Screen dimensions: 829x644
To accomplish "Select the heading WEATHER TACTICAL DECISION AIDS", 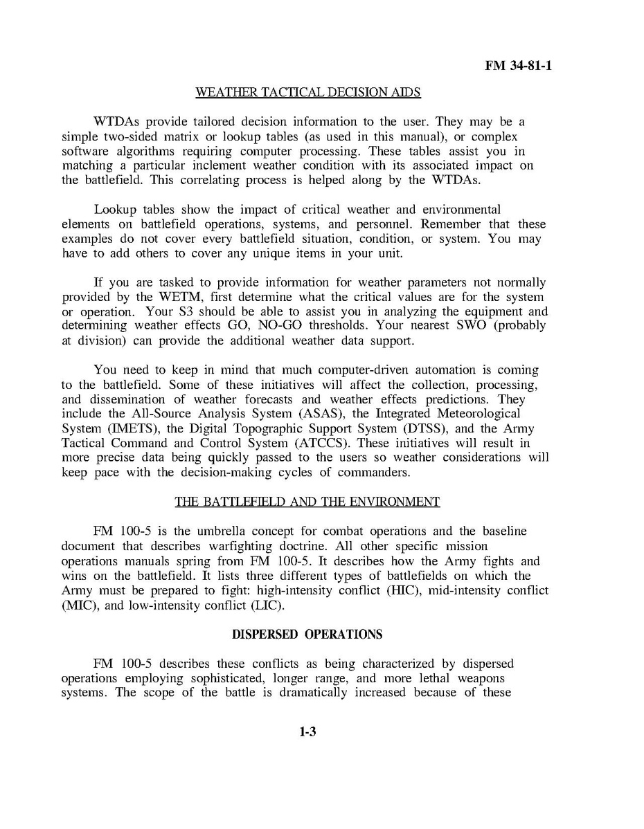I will pos(308,92).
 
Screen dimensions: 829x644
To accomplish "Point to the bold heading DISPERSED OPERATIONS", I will pos(307,634).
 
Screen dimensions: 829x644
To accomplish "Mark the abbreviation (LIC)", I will pos(264,605).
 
